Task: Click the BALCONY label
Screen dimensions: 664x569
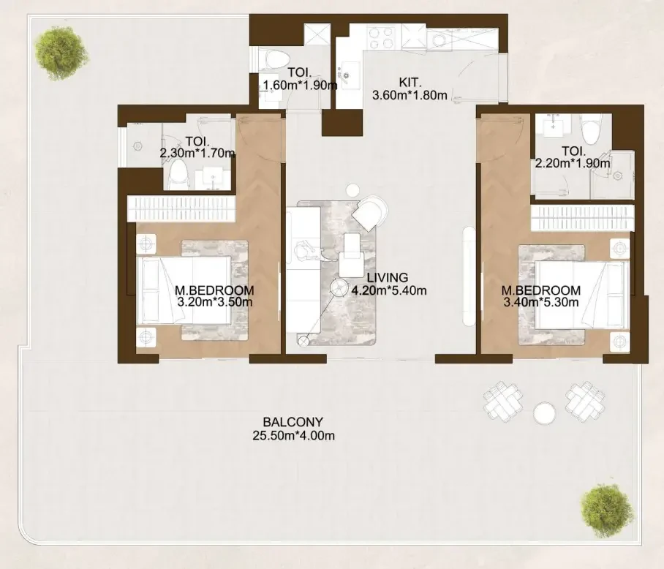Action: (293, 422)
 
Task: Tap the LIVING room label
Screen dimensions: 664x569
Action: (388, 278)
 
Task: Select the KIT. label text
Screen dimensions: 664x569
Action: (410, 82)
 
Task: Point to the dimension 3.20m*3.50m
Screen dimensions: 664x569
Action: (215, 302)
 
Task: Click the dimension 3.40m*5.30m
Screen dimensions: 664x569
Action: (540, 302)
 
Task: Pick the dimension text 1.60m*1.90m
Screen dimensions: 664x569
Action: (300, 85)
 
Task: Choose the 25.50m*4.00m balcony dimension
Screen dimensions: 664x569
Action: (293, 435)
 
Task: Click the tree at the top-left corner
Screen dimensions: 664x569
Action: (62, 52)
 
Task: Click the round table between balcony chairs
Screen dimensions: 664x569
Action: (544, 412)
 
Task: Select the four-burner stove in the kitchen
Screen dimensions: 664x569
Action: (381, 37)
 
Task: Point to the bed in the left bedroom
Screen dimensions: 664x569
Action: (184, 290)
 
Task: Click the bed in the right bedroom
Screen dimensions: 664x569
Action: (582, 295)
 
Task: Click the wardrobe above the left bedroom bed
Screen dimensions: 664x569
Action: (181, 208)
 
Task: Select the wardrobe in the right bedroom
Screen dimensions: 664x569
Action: (583, 218)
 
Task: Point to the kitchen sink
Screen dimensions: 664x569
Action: (348, 76)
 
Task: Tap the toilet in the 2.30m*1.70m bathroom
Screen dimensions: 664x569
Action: (178, 174)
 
